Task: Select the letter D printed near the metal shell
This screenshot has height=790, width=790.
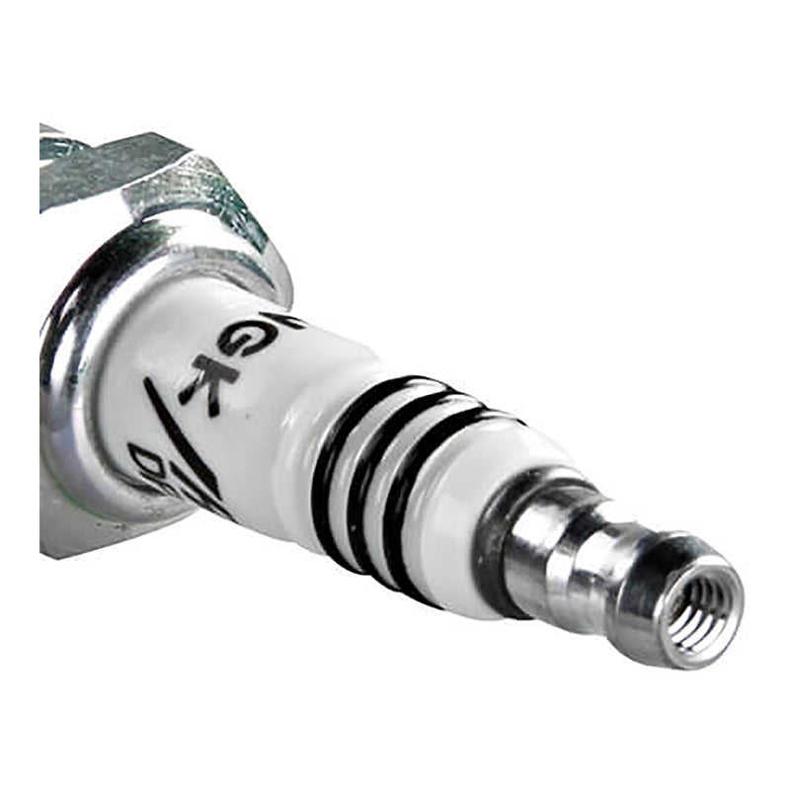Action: pos(148,459)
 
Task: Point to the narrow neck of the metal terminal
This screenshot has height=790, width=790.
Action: pos(602,553)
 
